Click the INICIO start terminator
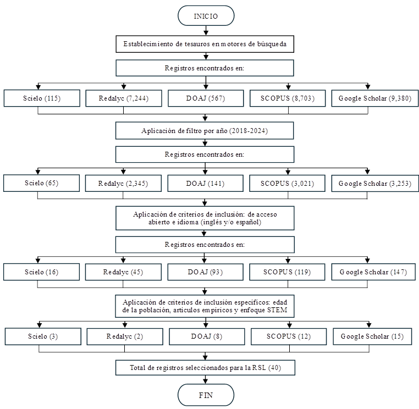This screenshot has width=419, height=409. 206,16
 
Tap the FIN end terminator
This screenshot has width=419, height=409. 206,395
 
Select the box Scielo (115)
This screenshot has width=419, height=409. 42,98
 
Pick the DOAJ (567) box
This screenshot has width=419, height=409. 206,98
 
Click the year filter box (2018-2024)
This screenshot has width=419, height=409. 205,131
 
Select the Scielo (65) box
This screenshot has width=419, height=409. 41,183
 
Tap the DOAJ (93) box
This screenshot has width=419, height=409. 206,272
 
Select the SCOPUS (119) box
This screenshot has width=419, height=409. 287,272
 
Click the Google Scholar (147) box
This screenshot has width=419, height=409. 373,272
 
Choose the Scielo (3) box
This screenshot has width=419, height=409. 43,336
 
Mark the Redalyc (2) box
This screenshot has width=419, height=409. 125,336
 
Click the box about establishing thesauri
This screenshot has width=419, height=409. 205,44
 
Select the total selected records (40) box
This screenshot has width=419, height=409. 205,368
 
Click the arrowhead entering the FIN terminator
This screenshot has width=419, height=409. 206,381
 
